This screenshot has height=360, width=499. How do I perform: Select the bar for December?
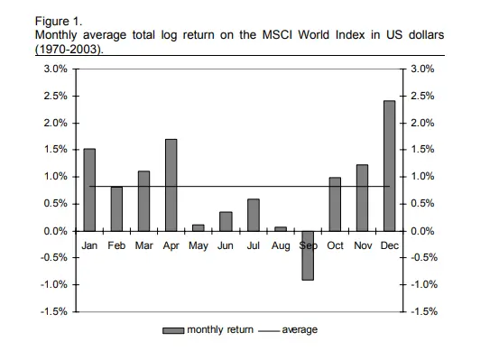389,166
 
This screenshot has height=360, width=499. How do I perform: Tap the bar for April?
171,185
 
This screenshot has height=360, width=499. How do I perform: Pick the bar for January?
89,189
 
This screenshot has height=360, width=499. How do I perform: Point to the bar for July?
254,215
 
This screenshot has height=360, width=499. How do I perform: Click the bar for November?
362,198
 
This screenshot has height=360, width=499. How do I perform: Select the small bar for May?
199,227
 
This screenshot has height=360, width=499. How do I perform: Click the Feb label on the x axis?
116,245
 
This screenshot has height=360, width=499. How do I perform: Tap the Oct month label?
335,245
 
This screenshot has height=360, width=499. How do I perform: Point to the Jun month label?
226,245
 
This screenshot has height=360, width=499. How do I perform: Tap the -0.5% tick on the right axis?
427,258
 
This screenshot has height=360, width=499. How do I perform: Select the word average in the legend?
300,330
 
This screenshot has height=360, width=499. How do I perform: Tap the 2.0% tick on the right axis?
425,123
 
